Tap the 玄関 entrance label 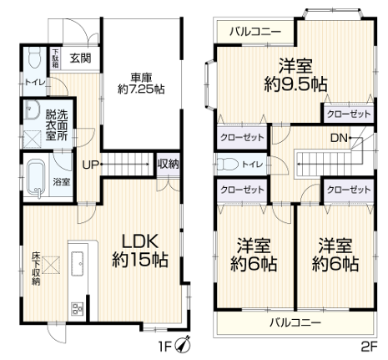80,58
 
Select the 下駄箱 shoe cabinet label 56,58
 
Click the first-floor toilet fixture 34,57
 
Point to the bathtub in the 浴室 36,180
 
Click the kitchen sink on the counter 79,263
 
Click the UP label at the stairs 90,165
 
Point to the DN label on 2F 339,138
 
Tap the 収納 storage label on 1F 168,165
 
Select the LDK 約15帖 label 140,250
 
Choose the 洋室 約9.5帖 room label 295,74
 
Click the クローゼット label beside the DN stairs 349,114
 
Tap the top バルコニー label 255,32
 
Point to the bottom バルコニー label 295,322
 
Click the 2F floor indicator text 369,347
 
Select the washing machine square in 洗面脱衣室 33,139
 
